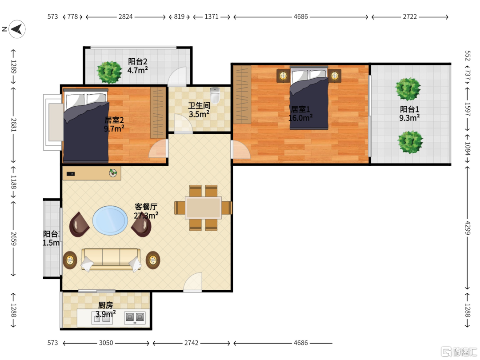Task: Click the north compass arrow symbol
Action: click(x=17, y=29)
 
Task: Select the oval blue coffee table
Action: click(x=110, y=220)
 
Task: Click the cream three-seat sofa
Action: click(x=111, y=259)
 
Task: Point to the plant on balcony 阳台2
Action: click(x=109, y=72)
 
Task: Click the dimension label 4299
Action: click(x=468, y=228)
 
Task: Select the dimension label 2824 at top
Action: click(x=125, y=16)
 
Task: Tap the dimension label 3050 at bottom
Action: click(x=106, y=343)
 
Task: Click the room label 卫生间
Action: click(x=199, y=106)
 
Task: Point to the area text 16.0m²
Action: click(x=300, y=117)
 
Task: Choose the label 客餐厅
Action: click(x=146, y=207)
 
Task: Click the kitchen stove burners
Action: click(x=135, y=318)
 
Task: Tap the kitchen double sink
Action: click(x=102, y=318)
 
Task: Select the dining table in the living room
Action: click(x=203, y=208)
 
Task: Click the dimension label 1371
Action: click(x=212, y=16)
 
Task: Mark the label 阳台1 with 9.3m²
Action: click(x=409, y=114)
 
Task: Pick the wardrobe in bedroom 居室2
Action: click(x=158, y=112)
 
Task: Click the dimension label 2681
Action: click(x=13, y=125)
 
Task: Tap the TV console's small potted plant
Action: click(x=113, y=172)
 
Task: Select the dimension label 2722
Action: click(x=410, y=16)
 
